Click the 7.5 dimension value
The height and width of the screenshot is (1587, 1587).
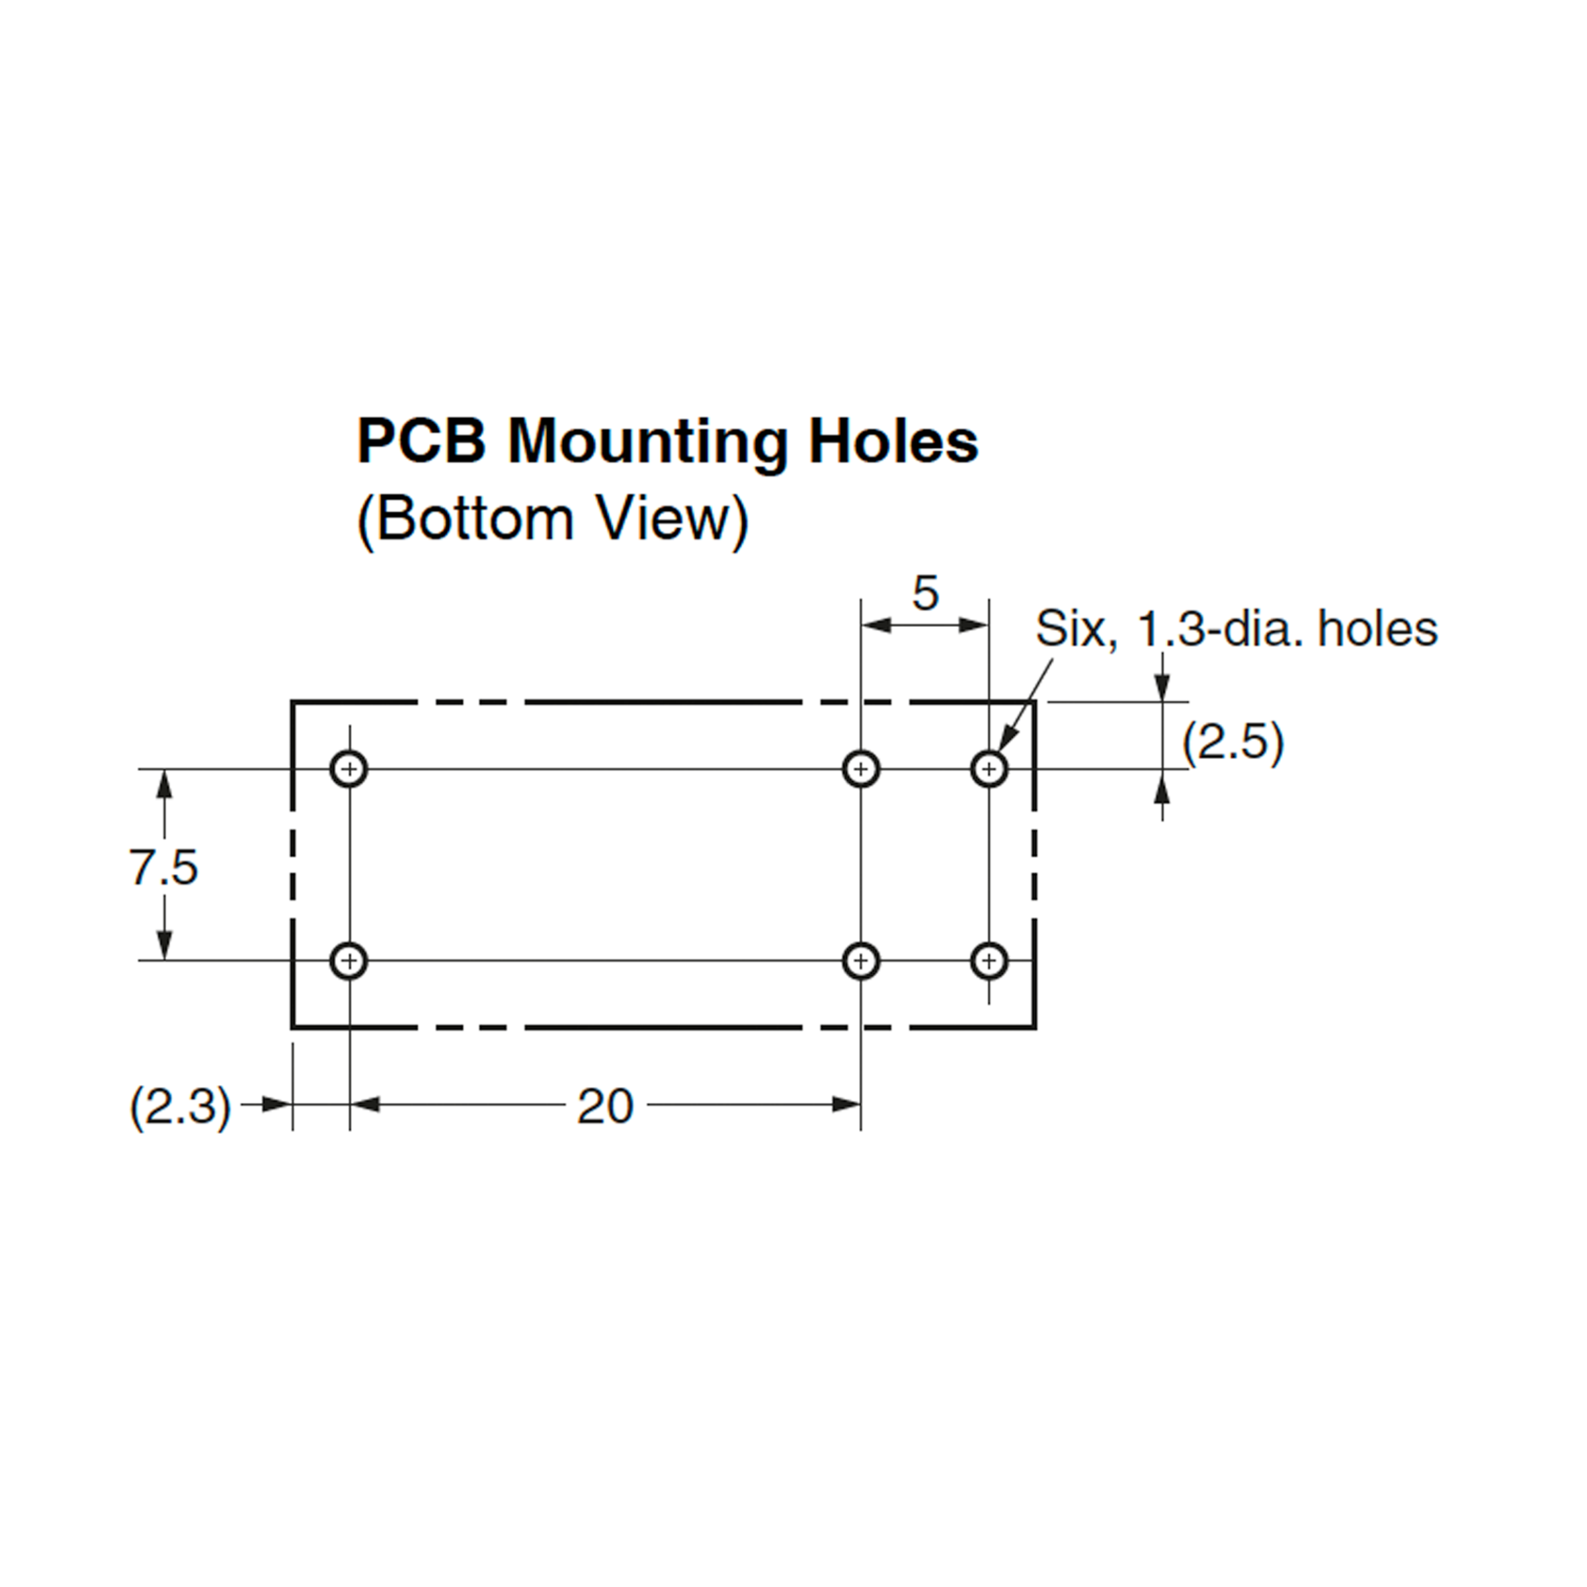click(x=163, y=868)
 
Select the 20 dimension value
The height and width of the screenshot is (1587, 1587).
click(x=606, y=1106)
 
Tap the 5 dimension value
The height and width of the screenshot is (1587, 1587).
click(x=925, y=593)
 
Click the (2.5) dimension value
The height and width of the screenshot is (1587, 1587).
click(x=1232, y=743)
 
